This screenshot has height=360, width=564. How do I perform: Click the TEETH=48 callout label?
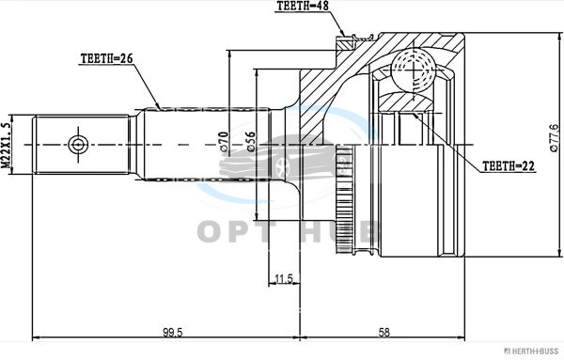click(303, 7)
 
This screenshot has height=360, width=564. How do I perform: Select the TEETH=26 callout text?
click(107, 58)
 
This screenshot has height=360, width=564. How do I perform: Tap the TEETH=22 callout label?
click(509, 165)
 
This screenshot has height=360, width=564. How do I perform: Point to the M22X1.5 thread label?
click(6, 146)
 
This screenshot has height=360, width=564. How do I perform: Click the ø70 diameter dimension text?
click(224, 142)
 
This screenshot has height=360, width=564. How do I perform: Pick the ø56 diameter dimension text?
click(250, 142)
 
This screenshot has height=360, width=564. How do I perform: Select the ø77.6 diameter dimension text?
click(555, 138)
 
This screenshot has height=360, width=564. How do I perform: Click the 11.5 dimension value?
click(284, 279)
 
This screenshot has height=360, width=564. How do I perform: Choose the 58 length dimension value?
click(384, 332)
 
